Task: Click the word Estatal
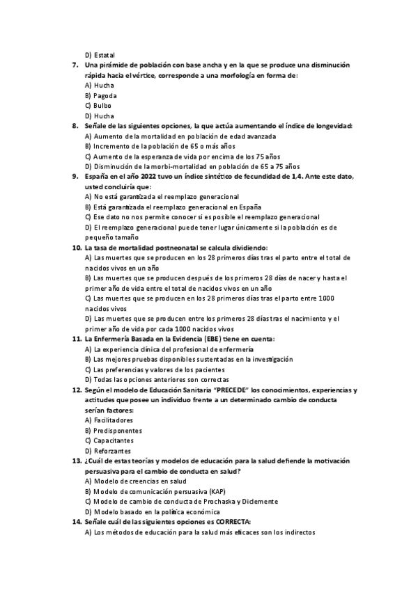[103, 55]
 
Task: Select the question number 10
[77, 248]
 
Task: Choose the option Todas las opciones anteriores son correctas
[160, 380]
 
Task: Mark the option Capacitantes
[112, 441]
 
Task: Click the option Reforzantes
[111, 451]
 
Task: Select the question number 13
[77, 461]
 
